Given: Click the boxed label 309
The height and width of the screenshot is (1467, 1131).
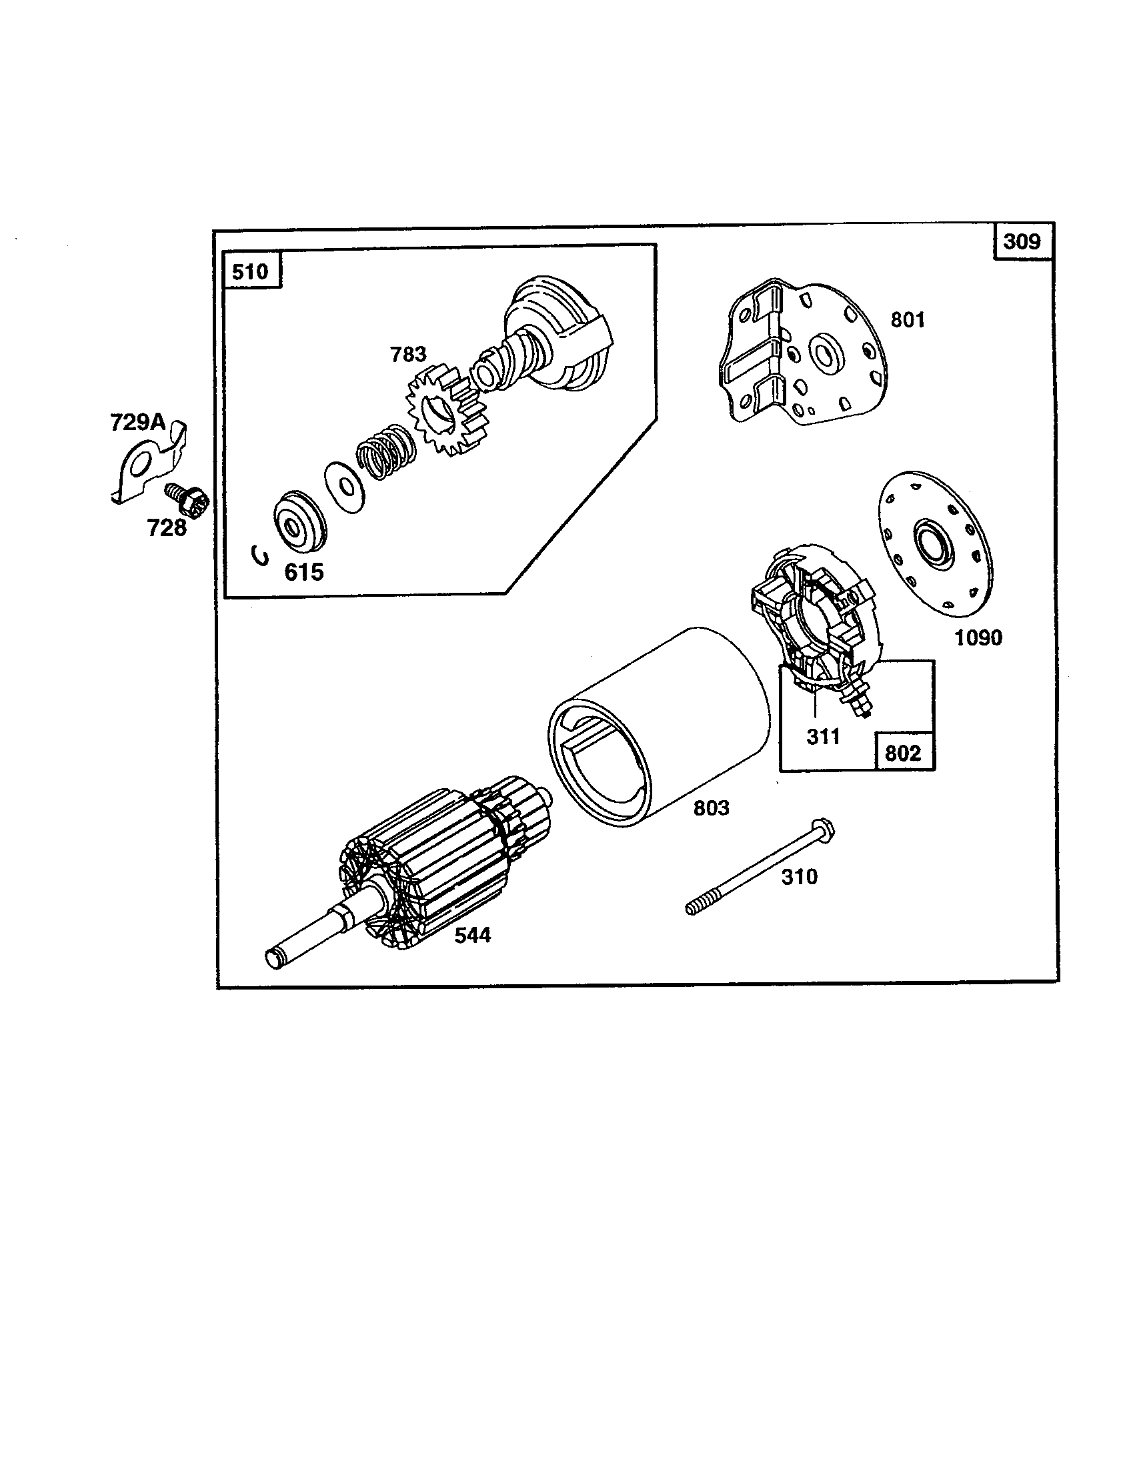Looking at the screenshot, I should (1022, 241).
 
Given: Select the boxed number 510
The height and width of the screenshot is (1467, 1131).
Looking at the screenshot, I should (251, 271).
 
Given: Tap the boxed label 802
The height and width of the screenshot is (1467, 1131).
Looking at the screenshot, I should (902, 753).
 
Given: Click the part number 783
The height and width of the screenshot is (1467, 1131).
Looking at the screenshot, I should (408, 354).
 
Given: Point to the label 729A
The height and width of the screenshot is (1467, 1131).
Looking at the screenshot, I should (137, 423).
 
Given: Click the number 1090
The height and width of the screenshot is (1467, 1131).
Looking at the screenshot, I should (978, 637).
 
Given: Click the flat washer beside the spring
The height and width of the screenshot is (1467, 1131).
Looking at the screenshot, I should (345, 487).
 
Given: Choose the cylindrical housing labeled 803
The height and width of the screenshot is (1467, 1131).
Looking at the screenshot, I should (658, 725).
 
